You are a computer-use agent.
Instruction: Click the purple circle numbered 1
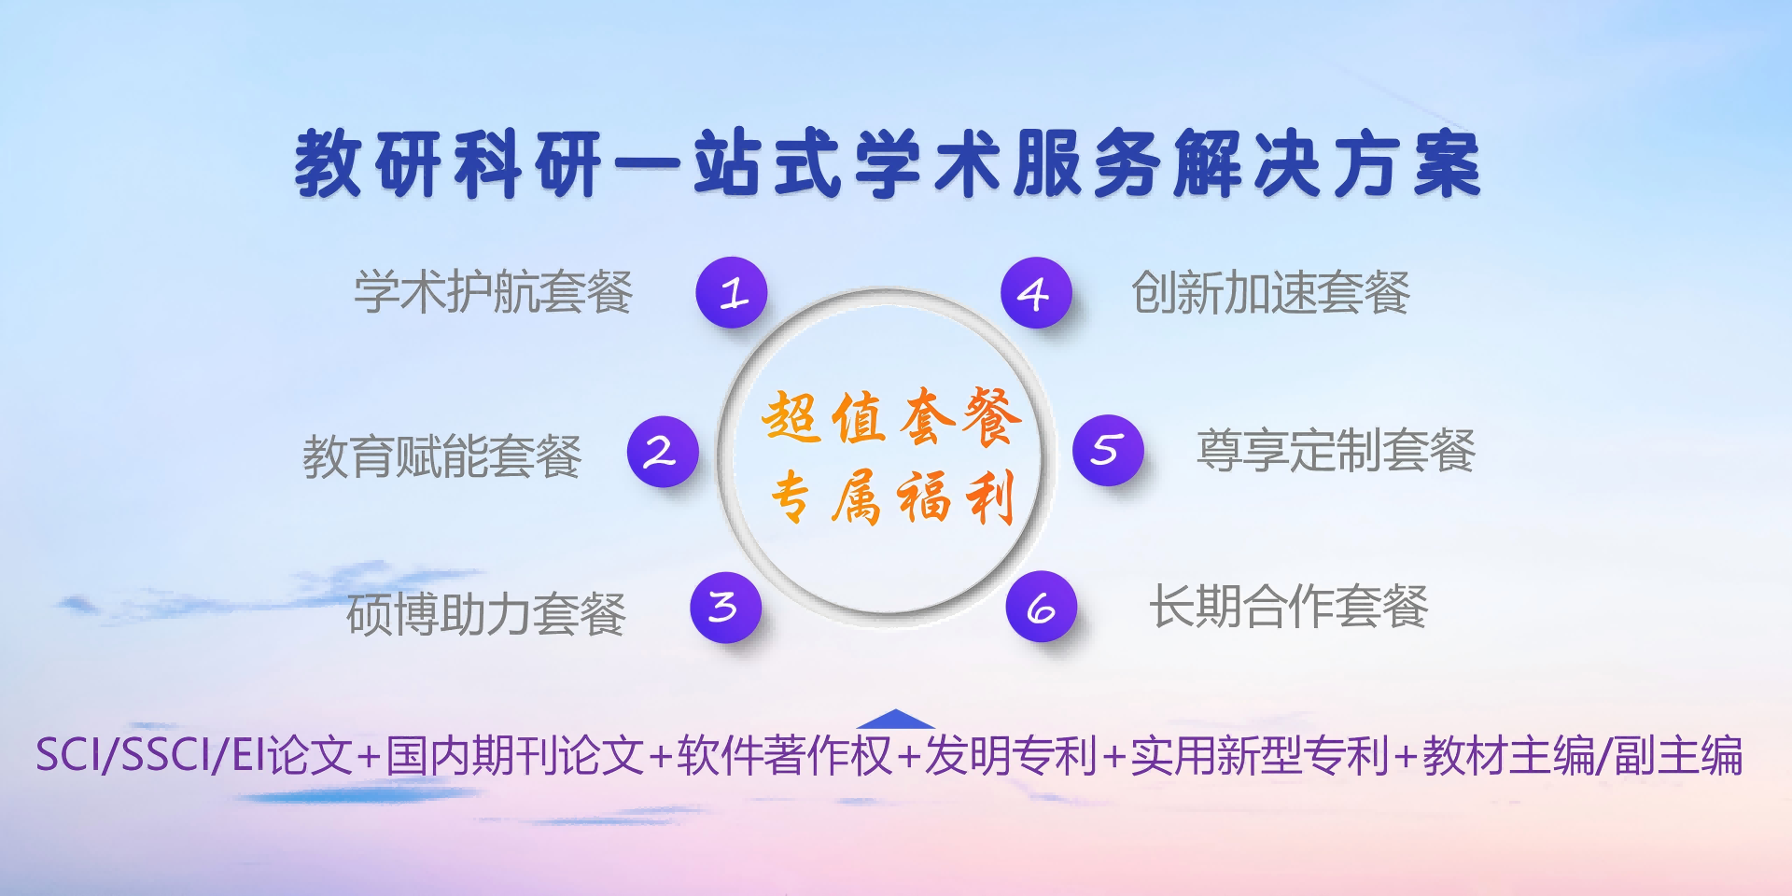732,292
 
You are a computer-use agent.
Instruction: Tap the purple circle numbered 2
663,451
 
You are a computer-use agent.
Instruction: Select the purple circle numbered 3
725,607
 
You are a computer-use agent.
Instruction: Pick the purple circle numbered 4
1036,292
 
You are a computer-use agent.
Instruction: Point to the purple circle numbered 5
1108,450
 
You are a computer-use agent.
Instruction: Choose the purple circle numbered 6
1041,607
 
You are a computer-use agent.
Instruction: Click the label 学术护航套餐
494,292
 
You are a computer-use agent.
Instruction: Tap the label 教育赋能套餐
442,456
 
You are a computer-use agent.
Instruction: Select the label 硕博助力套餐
486,614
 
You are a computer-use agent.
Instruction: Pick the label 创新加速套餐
1270,292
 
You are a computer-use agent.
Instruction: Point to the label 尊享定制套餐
1336,451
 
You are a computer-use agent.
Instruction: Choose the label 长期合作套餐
1289,607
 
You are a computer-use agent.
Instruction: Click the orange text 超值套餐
891,416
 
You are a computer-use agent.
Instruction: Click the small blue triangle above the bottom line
895,719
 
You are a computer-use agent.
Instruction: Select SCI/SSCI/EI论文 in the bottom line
194,755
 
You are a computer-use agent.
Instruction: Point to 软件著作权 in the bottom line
785,755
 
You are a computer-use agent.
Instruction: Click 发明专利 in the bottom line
1011,755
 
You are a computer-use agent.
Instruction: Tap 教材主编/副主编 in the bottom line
1583,755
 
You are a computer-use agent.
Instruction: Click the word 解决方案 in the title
1327,164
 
